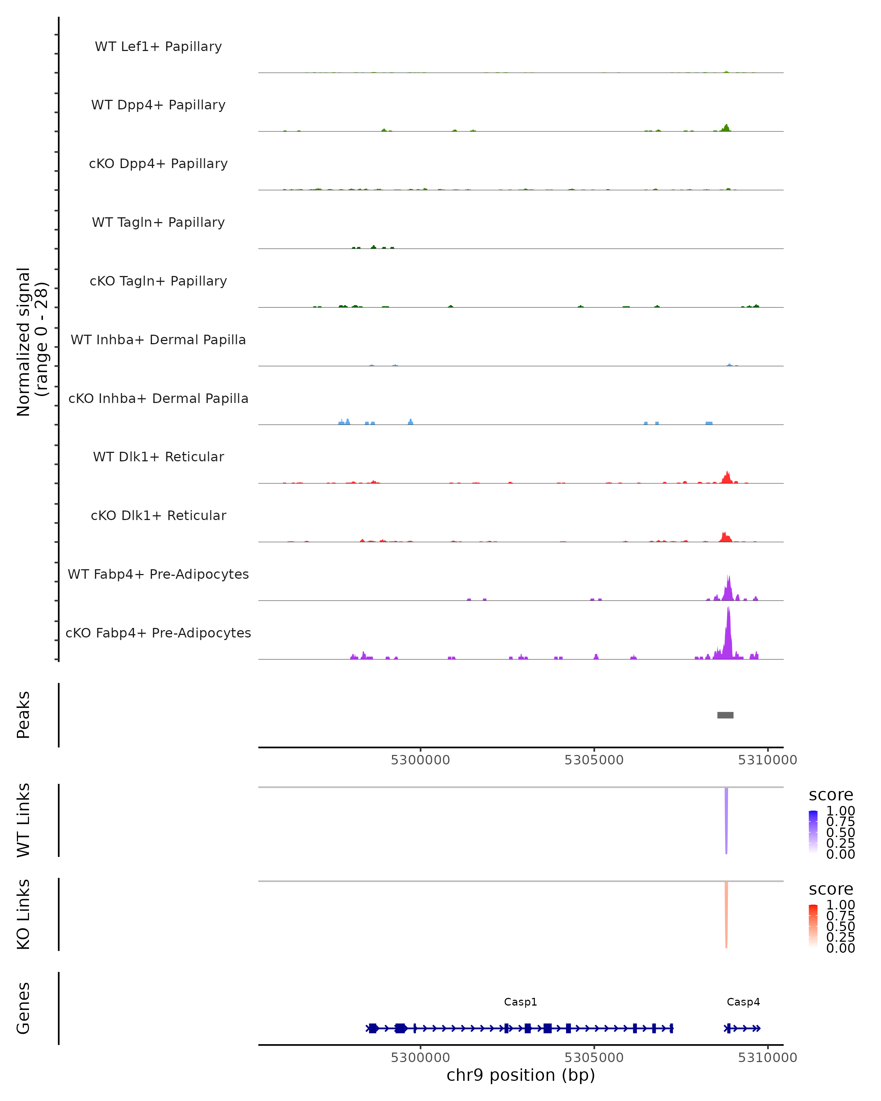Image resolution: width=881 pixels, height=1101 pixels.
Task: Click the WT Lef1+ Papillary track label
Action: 158,47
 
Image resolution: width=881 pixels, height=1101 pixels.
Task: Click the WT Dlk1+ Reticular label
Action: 158,457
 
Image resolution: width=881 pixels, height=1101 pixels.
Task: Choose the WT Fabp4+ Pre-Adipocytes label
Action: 158,574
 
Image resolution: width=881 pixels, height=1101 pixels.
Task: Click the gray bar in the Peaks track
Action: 725,715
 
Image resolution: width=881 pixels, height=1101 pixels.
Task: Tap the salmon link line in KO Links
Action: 726,914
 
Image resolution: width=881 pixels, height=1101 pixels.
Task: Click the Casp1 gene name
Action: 521,1002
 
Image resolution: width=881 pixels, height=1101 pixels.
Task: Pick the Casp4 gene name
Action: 743,1002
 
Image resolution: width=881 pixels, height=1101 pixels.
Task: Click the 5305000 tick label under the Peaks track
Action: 594,760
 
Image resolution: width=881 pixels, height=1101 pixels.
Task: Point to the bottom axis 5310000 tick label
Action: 767,1058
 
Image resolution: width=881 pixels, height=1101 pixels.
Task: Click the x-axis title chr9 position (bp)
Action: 521,1075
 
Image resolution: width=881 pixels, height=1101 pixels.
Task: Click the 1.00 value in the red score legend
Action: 840,905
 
